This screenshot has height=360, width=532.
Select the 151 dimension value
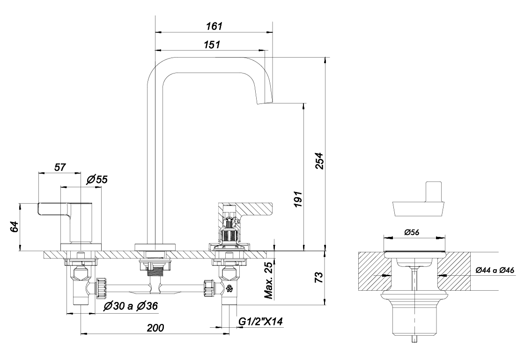(x=212, y=44)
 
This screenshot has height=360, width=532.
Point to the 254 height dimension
(x=319, y=161)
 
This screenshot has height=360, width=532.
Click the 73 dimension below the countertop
(x=319, y=277)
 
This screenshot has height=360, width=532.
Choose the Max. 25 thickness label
(x=267, y=279)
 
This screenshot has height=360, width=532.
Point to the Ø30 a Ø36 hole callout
(x=131, y=306)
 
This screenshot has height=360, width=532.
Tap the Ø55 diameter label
(x=97, y=179)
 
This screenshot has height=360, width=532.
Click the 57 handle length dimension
(x=60, y=167)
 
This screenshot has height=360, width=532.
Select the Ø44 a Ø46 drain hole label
(x=495, y=270)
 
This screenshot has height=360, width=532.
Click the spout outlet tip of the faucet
(x=265, y=102)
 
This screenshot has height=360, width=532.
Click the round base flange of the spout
(x=155, y=247)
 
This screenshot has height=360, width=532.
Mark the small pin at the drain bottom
(x=414, y=338)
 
